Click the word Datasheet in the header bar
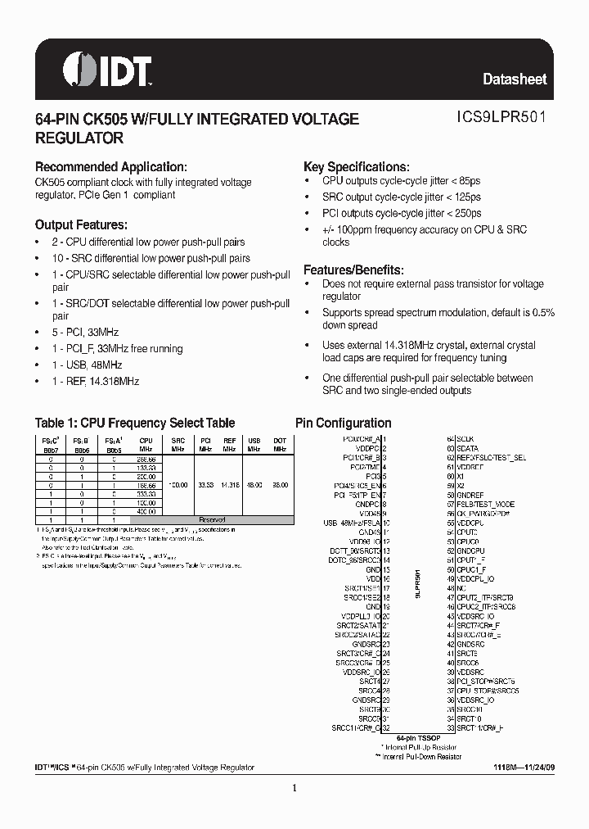[515, 79]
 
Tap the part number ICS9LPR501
[501, 118]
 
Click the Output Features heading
[80, 224]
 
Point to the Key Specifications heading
[356, 166]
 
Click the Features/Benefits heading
[353, 270]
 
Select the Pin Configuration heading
[343, 424]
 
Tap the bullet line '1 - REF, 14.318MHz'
[96, 381]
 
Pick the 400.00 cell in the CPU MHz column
[146, 512]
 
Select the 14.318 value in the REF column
[230, 485]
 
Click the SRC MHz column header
[178, 444]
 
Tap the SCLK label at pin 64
[465, 440]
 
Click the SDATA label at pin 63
[467, 448]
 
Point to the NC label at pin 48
[461, 588]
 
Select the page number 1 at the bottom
[294, 788]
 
